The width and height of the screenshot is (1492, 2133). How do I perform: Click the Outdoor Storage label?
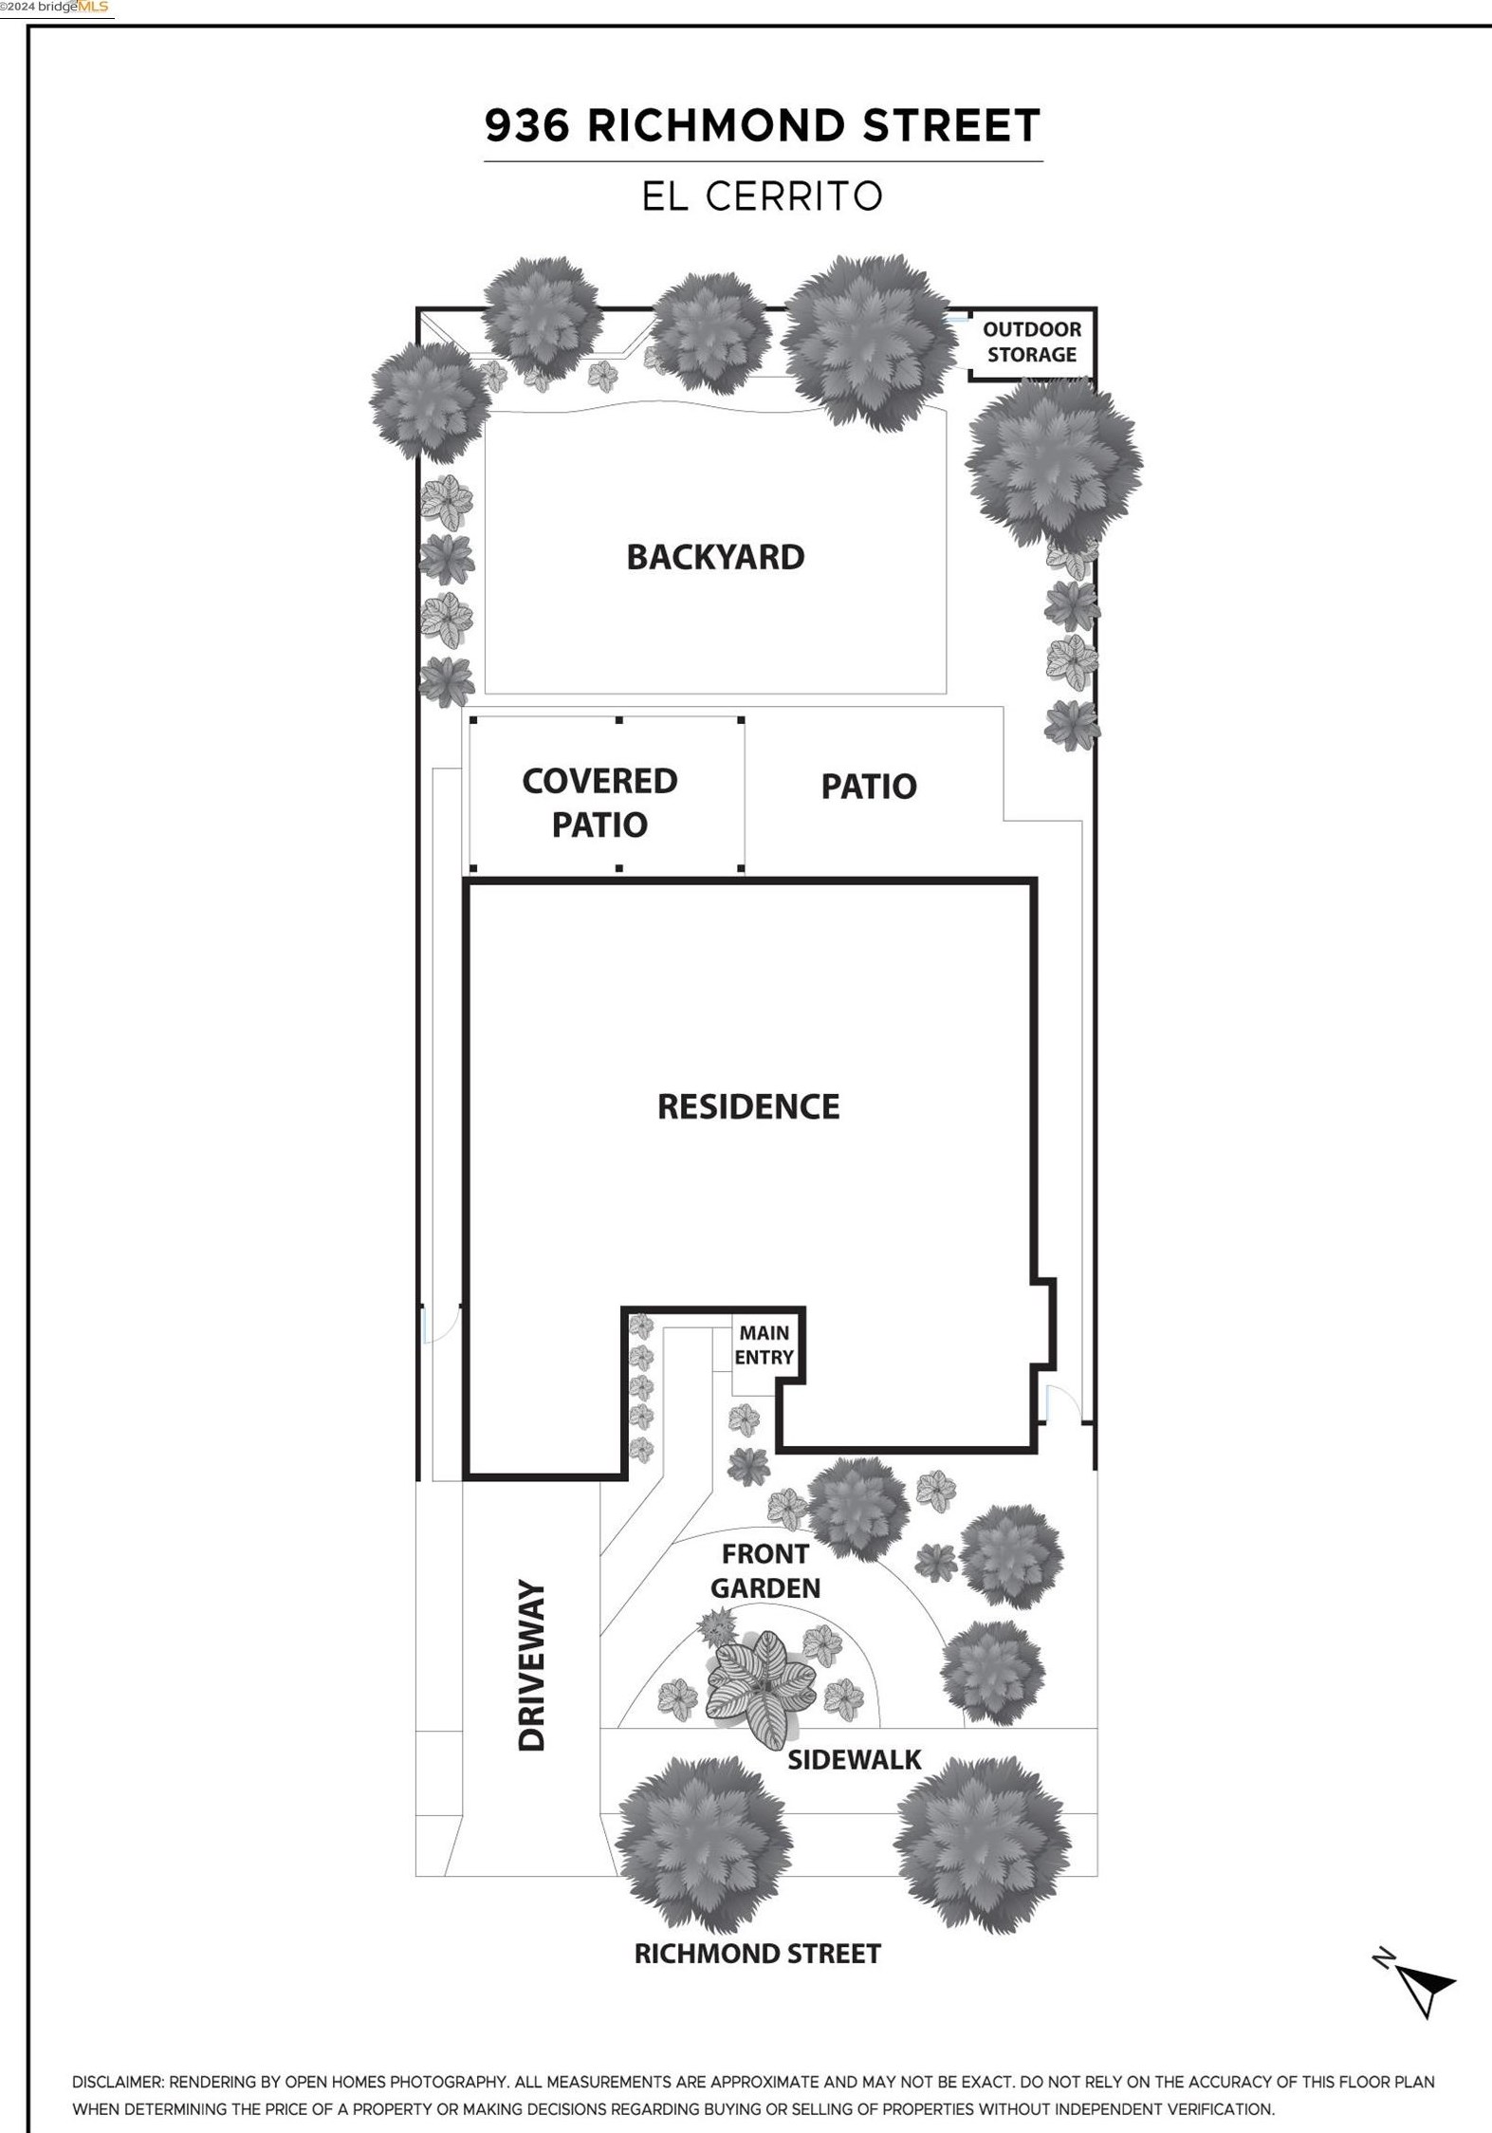click(1032, 342)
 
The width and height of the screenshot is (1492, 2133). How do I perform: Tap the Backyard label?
click(715, 557)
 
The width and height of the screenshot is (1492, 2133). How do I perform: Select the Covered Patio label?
click(599, 802)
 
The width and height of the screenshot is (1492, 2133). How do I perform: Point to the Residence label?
click(748, 1106)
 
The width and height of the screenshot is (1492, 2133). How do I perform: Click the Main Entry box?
click(764, 1346)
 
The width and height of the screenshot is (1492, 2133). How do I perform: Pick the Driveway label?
click(532, 1664)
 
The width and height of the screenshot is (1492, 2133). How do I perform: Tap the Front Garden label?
click(765, 1570)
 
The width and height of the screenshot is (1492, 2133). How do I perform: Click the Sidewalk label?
click(855, 1759)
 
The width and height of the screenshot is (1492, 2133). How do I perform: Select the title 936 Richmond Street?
click(763, 126)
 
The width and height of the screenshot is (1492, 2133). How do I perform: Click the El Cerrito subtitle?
click(763, 196)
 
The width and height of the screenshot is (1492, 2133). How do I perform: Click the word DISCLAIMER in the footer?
click(118, 2082)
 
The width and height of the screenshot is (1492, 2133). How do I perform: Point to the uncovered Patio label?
click(869, 786)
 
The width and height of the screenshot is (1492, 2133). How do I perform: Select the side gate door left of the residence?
click(440, 1324)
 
